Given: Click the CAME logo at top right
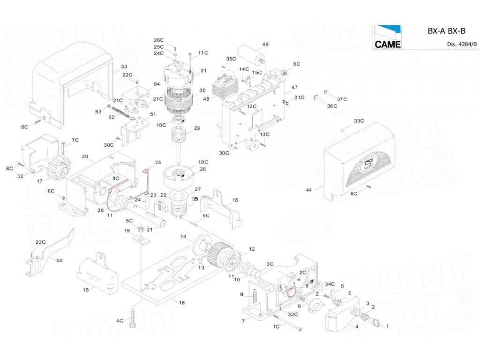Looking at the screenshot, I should click(x=387, y=37).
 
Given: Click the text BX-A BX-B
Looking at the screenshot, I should click(x=446, y=31).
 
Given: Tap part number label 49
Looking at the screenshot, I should click(x=265, y=45).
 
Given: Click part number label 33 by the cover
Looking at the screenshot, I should click(x=124, y=67).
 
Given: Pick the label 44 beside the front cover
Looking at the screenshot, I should click(x=308, y=190).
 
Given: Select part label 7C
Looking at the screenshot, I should click(x=75, y=140).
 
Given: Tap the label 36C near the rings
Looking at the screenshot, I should click(x=332, y=106).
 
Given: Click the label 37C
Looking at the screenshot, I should click(x=342, y=99).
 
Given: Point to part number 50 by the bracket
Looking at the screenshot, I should click(x=59, y=260).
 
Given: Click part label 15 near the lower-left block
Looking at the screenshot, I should click(x=85, y=290).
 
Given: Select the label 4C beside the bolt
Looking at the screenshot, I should click(x=120, y=321).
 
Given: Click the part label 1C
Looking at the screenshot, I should click(x=276, y=326).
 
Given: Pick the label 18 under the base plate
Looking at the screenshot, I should click(x=182, y=303).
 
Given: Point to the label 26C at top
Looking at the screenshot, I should click(x=159, y=40).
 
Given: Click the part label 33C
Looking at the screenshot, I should click(x=359, y=121).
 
